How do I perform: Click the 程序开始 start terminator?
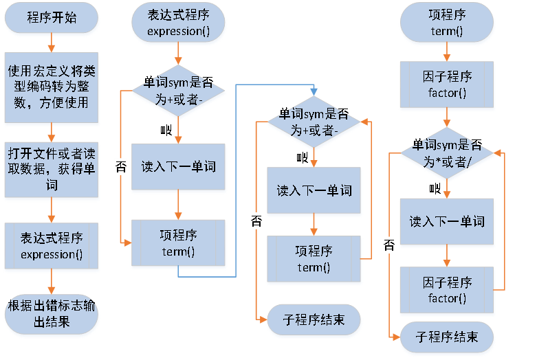[52, 19]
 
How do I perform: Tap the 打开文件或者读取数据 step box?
[52, 168]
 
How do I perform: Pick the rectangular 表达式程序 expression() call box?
[52, 245]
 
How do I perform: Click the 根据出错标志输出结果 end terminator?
[52, 313]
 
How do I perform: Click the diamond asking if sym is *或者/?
[447, 152]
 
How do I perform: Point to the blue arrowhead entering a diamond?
[314, 91]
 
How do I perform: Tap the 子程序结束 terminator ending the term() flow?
[447, 337]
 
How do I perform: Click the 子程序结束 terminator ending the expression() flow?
[314, 319]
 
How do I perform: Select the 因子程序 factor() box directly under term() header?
[447, 85]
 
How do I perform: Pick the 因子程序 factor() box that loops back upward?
[447, 290]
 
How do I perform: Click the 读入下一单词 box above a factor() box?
[447, 221]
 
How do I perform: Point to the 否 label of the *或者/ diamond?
[389, 245]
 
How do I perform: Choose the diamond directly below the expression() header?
[178, 89]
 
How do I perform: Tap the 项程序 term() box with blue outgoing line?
[178, 243]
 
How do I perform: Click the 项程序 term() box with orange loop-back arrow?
[314, 258]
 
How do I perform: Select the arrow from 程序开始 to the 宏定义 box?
[52, 43]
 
